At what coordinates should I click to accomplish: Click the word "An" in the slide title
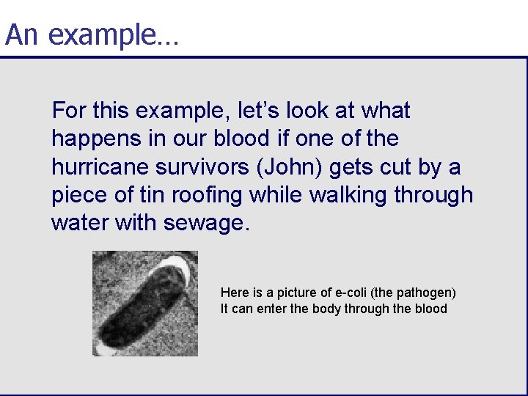[x=21, y=34]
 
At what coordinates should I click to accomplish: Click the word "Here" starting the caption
[x=232, y=293]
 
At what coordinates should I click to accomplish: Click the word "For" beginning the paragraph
[x=67, y=111]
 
